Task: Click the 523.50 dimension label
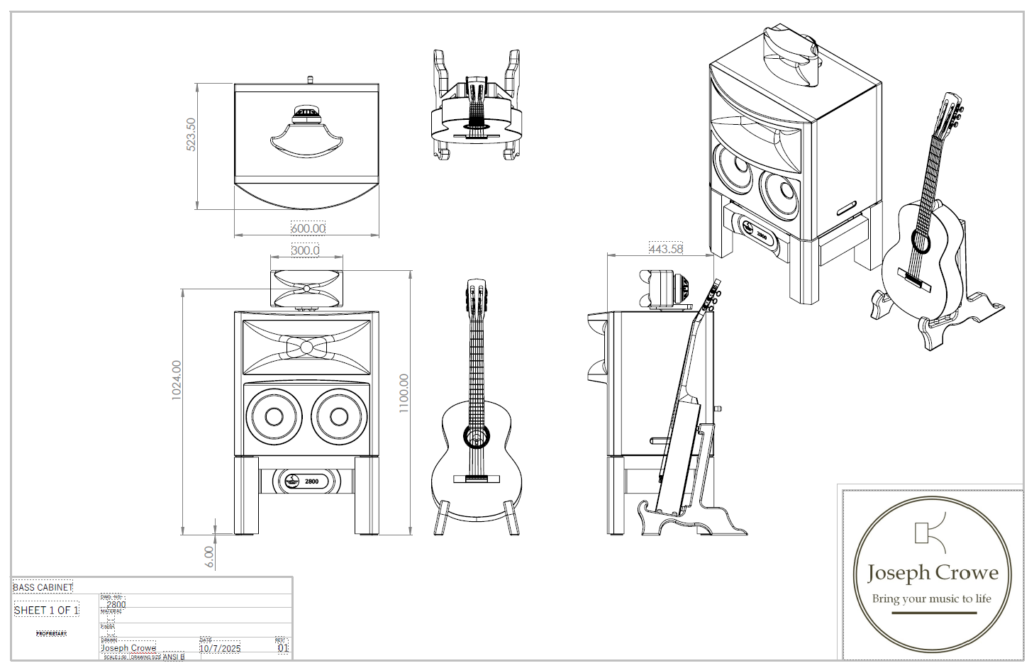click(191, 134)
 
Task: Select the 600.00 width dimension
click(308, 228)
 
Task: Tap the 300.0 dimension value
click(306, 250)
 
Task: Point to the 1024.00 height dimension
click(177, 380)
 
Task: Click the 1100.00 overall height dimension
click(404, 393)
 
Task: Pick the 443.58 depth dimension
click(666, 249)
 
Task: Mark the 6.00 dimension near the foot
click(209, 556)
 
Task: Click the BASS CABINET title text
click(43, 587)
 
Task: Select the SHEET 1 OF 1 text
click(47, 610)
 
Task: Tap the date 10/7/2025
click(220, 648)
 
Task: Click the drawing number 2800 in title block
click(116, 605)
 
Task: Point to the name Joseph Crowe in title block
click(128, 648)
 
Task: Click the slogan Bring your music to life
click(931, 599)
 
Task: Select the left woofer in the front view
click(274, 416)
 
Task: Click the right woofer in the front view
click(339, 416)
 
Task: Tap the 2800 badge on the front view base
click(306, 481)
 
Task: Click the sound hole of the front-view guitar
click(477, 436)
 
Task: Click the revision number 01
click(283, 648)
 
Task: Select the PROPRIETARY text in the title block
click(52, 633)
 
